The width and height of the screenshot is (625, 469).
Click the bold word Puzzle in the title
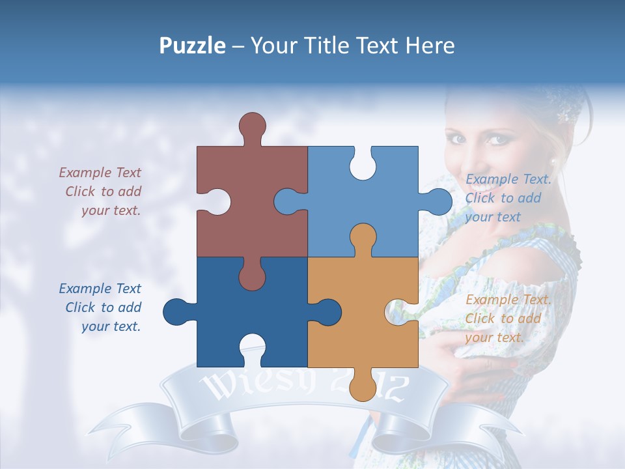pyautogui.click(x=192, y=46)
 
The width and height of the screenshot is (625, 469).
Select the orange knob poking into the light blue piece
pyautogui.click(x=363, y=238)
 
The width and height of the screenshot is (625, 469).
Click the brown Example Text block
pyautogui.click(x=102, y=192)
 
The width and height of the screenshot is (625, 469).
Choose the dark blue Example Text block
pyautogui.click(x=102, y=307)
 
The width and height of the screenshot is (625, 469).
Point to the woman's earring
pyautogui.click(x=553, y=162)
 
